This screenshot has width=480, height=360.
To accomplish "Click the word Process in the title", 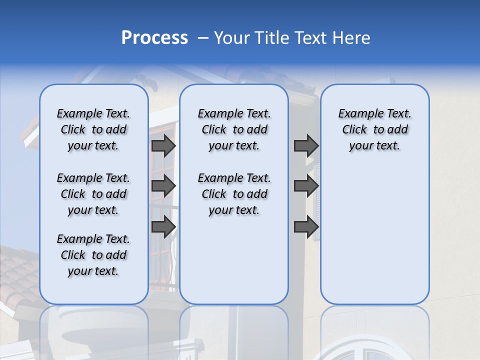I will pyautogui.click(x=154, y=38).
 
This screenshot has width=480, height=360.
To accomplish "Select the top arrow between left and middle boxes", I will pyautogui.click(x=163, y=145).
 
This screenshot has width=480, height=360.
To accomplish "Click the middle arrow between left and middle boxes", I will pyautogui.click(x=163, y=186).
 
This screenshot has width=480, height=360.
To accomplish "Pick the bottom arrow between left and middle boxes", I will pyautogui.click(x=163, y=226).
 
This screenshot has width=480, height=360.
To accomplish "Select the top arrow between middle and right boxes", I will pyautogui.click(x=306, y=145).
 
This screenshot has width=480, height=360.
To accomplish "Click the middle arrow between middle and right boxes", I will pyautogui.click(x=306, y=186).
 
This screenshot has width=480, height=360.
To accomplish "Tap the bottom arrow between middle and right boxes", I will pyautogui.click(x=306, y=226).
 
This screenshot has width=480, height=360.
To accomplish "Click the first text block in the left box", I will pyautogui.click(x=93, y=129).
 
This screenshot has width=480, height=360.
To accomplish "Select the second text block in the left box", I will pyautogui.click(x=93, y=194).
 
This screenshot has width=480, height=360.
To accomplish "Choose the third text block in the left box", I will pyautogui.click(x=93, y=255).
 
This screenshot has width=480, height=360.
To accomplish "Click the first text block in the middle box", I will pyautogui.click(x=234, y=129).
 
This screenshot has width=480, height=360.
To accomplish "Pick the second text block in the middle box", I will pyautogui.click(x=234, y=194).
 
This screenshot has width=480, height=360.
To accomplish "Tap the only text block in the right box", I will pyautogui.click(x=374, y=129).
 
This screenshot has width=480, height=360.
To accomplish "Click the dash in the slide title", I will pyautogui.click(x=203, y=38).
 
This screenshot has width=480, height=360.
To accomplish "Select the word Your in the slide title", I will pyautogui.click(x=232, y=38).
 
